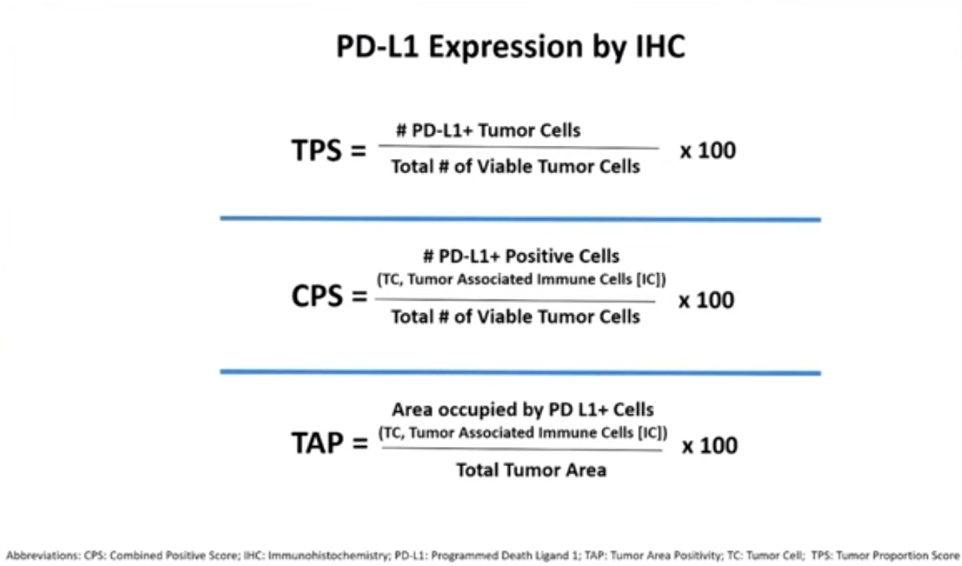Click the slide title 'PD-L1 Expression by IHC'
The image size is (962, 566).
click(x=511, y=47)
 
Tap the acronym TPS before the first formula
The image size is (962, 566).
click(x=317, y=151)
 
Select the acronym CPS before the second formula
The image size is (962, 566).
click(x=317, y=296)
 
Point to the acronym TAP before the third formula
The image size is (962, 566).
click(x=317, y=442)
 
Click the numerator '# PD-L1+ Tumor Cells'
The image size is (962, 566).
click(x=488, y=130)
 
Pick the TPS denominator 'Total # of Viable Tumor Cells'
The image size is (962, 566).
click(x=515, y=166)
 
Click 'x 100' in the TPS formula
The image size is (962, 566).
click(x=707, y=151)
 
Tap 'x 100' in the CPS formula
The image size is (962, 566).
click(x=706, y=300)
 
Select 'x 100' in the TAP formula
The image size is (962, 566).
click(x=710, y=445)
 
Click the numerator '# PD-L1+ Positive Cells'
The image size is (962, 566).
click(x=522, y=256)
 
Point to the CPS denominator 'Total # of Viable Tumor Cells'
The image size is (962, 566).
click(x=515, y=317)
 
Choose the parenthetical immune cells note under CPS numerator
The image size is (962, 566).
click(x=522, y=280)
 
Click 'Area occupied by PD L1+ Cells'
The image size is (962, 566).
click(x=522, y=410)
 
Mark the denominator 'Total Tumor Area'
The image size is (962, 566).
click(x=531, y=470)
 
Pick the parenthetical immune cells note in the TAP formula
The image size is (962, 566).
click(x=522, y=433)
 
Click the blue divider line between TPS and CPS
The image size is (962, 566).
click(x=520, y=219)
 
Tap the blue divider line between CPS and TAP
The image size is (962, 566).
click(x=520, y=372)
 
